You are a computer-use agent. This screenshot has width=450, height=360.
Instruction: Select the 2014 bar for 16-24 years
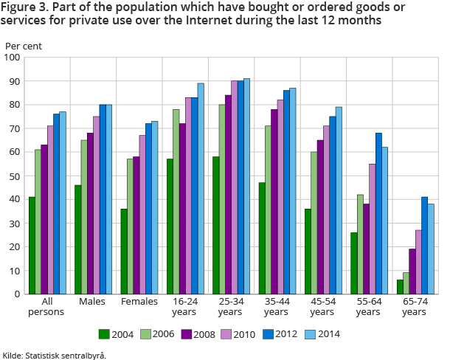click(201, 189)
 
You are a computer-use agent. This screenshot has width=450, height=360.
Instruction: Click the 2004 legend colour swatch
click(104, 333)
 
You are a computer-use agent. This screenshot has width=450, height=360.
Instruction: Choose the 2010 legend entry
click(236, 334)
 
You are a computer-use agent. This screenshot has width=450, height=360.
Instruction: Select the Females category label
click(140, 302)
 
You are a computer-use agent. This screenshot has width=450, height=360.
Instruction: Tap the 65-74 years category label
click(415, 306)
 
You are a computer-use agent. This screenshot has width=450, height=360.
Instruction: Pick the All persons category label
click(45, 306)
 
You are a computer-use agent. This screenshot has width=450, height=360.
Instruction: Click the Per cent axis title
click(24, 46)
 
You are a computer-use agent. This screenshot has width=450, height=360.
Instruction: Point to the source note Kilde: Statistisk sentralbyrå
click(55, 355)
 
